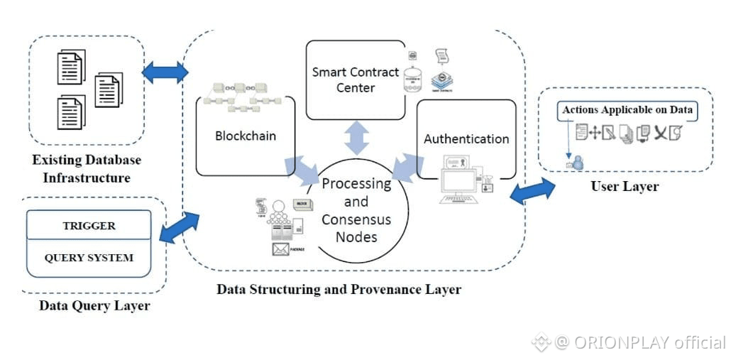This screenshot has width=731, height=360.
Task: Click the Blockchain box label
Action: [x=246, y=136]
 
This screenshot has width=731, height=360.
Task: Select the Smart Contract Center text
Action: [x=356, y=80]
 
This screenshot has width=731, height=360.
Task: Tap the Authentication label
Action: [x=466, y=139]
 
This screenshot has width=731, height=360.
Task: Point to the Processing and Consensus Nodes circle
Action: [x=356, y=210]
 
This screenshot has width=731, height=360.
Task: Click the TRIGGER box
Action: [x=89, y=226]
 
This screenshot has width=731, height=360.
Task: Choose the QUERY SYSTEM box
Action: [x=89, y=257]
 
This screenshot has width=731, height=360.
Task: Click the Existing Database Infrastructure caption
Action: [x=87, y=169]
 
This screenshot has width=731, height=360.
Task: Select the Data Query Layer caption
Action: [x=95, y=305]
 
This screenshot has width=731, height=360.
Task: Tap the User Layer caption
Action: [x=625, y=186]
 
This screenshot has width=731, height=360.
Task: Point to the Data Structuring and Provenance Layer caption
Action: [x=339, y=290]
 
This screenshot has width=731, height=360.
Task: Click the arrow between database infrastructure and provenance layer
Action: [x=165, y=72]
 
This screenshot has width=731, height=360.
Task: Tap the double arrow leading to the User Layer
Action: [x=532, y=190]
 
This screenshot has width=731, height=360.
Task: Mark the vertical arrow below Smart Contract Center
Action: [x=356, y=137]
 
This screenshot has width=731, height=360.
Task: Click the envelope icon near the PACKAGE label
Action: [x=280, y=249]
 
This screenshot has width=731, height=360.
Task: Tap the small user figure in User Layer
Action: [x=578, y=163]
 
